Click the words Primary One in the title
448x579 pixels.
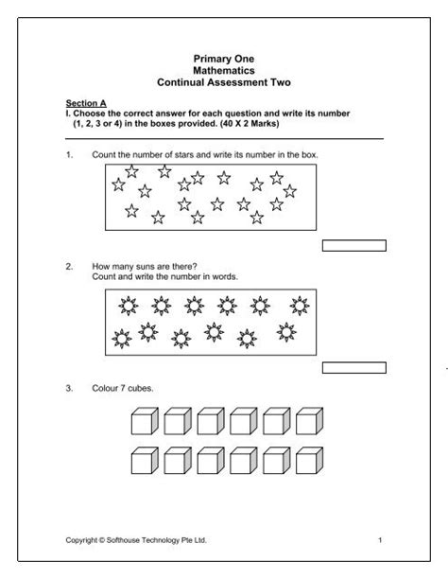(224, 60)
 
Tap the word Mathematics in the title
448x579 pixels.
(224, 71)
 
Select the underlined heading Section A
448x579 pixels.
(83, 102)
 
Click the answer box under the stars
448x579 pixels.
(354, 246)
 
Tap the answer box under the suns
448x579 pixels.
(354, 367)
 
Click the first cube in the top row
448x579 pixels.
(143, 422)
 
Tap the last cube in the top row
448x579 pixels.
(308, 422)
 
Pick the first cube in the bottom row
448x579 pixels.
(143, 462)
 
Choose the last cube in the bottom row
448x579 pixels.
(308, 462)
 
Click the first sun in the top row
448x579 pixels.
(127, 305)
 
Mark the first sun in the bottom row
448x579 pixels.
(121, 336)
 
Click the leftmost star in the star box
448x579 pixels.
(118, 184)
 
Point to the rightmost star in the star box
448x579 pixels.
(290, 191)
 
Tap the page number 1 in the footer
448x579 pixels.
(379, 540)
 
